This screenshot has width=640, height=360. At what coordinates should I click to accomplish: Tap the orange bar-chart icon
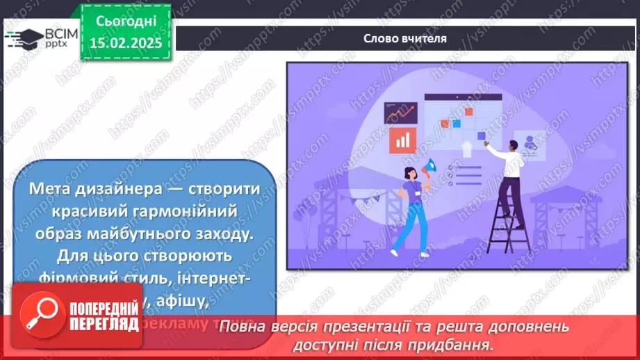(x=402, y=140)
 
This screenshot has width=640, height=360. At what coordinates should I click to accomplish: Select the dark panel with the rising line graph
(x=401, y=113)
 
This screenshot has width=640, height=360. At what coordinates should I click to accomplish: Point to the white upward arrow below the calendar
(x=466, y=148)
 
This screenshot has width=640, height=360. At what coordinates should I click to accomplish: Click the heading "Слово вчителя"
(x=404, y=39)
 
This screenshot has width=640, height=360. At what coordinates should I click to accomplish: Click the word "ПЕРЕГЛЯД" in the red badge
(x=102, y=325)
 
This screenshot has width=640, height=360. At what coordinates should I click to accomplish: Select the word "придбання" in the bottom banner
(x=457, y=344)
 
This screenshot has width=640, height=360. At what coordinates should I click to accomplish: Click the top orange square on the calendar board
(x=469, y=112)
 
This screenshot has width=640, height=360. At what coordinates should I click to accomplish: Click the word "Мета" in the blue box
(x=50, y=189)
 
